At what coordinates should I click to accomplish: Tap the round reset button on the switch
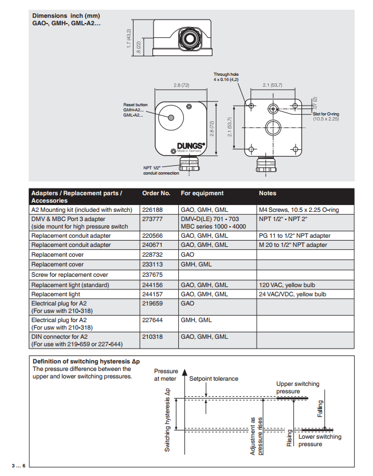point(171,117)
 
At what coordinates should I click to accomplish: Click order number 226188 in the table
point(152,210)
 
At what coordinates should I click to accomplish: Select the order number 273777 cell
point(152,219)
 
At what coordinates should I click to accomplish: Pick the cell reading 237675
point(152,274)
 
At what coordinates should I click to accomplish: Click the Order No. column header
point(156,194)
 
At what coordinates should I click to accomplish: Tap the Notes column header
point(268,194)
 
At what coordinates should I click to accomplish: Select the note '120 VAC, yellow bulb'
point(287,285)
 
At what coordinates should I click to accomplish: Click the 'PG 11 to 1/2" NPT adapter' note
point(295,235)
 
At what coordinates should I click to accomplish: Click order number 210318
point(152,336)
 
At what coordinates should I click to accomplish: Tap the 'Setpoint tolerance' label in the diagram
point(214,378)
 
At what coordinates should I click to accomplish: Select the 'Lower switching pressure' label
point(319,440)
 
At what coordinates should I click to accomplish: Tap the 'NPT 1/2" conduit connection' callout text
point(161,171)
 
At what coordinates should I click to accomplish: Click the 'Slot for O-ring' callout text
point(325,114)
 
